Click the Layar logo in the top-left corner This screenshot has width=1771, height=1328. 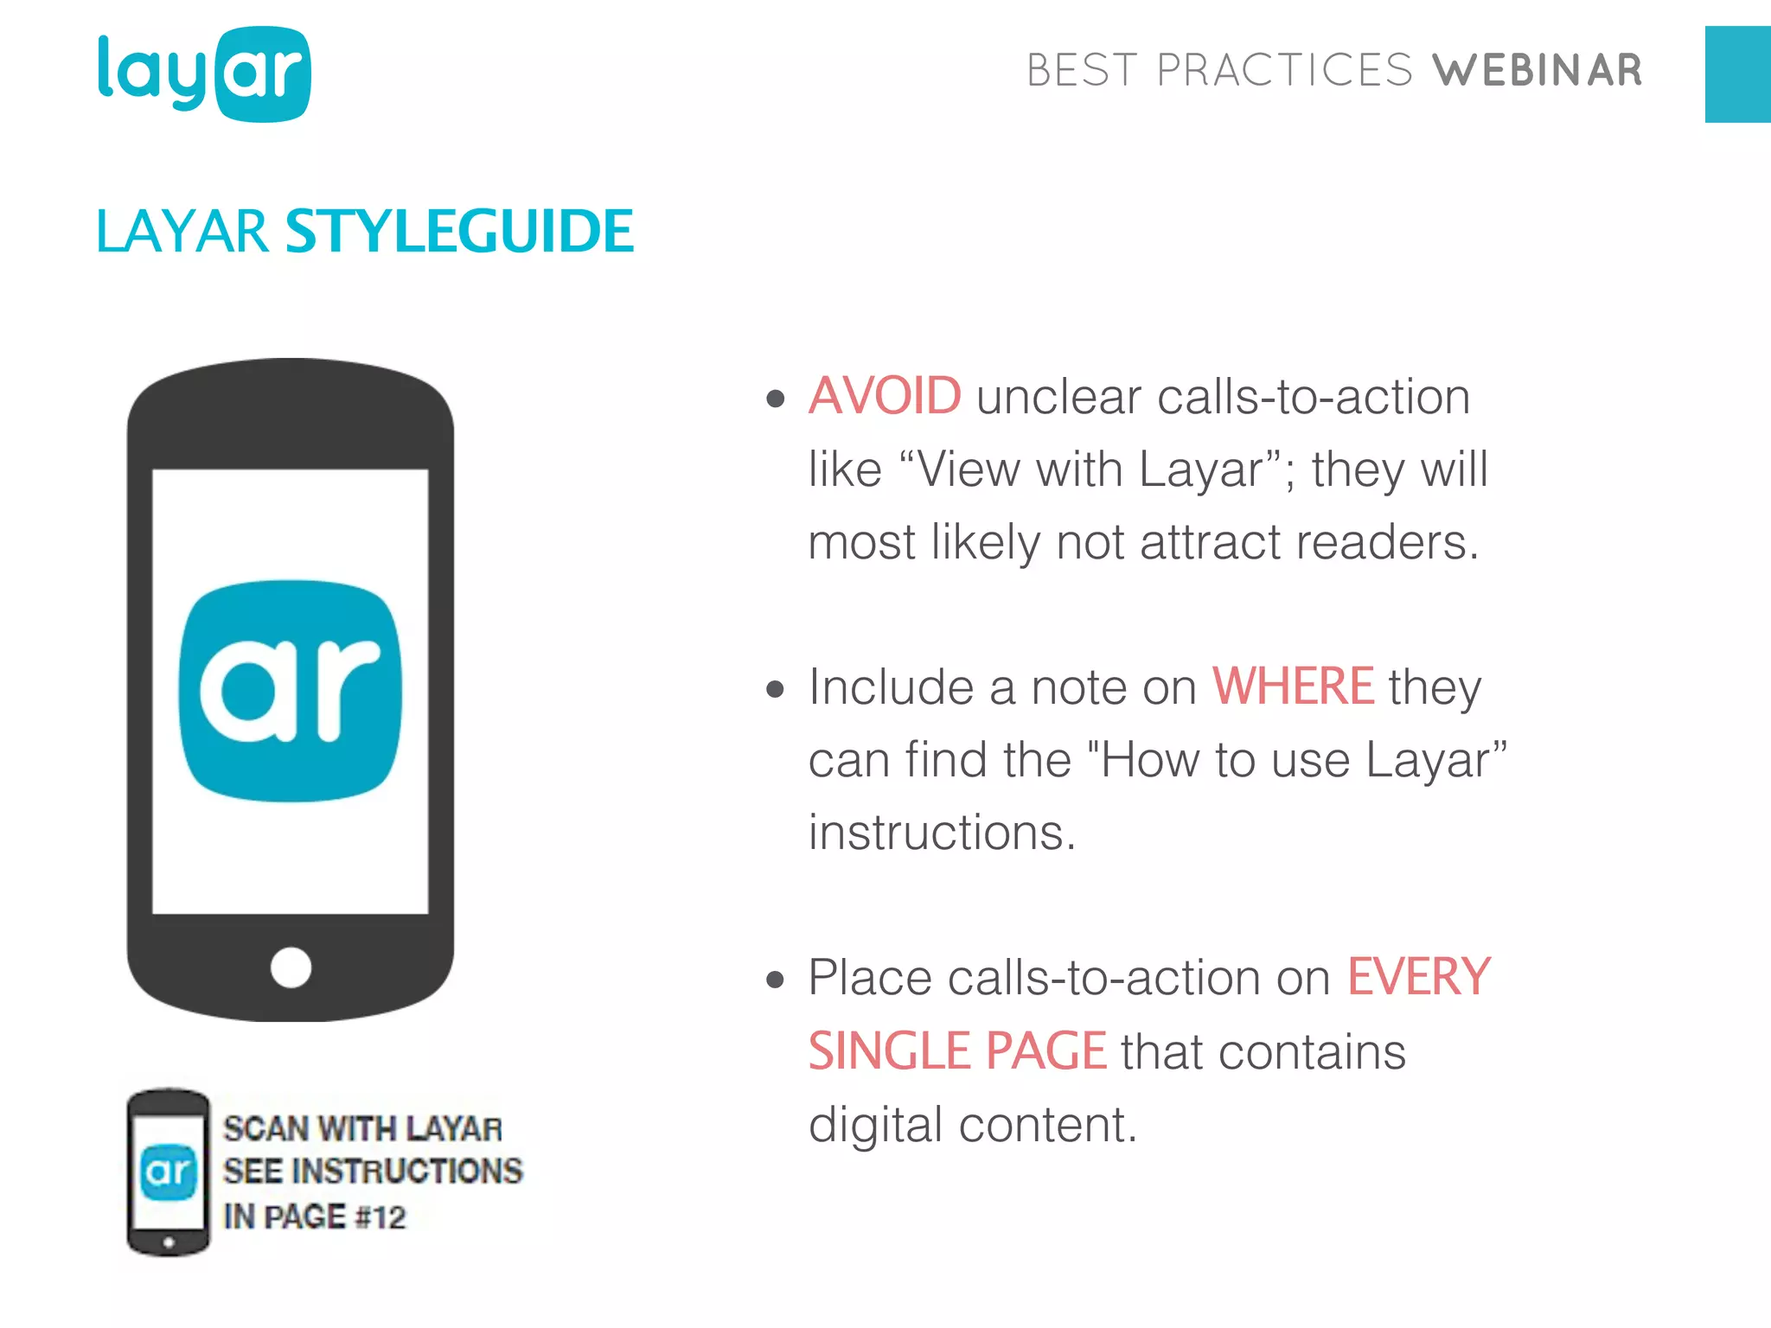(x=204, y=74)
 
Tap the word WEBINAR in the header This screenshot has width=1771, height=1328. (x=1537, y=71)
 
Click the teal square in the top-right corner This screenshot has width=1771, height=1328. (x=1737, y=74)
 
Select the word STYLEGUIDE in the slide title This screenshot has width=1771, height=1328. (x=459, y=232)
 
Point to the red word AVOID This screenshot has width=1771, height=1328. (x=884, y=396)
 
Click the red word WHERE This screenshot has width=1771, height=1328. (x=1292, y=686)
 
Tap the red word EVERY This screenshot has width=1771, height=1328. (x=1418, y=977)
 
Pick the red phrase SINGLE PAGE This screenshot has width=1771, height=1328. (x=956, y=1051)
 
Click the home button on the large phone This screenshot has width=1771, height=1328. (x=291, y=967)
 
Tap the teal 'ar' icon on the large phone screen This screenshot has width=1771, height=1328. (x=291, y=691)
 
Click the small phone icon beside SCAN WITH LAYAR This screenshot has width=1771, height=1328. (x=169, y=1172)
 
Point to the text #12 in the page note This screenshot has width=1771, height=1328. (x=380, y=1217)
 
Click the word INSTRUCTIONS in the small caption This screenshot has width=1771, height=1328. (x=407, y=1172)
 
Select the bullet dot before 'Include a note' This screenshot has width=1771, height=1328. (x=775, y=690)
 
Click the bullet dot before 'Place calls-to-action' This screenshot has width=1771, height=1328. (x=775, y=980)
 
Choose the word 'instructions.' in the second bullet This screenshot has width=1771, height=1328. (x=942, y=833)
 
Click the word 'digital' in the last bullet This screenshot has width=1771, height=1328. (x=875, y=1125)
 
